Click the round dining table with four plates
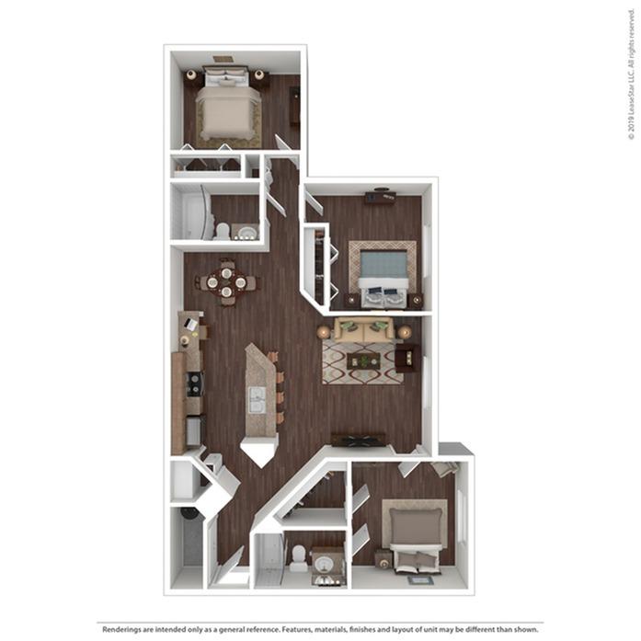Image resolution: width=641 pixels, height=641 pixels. coord(226,283)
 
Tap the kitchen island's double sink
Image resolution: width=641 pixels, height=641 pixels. coord(258,401)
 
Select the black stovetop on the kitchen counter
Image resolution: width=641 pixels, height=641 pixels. coord(195,383)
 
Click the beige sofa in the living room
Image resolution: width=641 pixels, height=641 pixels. coord(363,330)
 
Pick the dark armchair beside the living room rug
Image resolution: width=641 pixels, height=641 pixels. coord(407,357)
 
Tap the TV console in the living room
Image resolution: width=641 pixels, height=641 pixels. coord(358,440)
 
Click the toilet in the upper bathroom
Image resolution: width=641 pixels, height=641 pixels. coord(222,231)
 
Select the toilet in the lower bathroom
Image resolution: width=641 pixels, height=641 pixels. coord(298,555)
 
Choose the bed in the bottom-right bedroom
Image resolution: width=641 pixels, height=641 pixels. coord(417,532)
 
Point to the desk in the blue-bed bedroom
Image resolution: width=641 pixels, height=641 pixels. coord(379,197)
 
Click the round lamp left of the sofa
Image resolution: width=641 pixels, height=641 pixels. coord(324,331)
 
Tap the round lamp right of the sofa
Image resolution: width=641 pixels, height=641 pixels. coord(405,331)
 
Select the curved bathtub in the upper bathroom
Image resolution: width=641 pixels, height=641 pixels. coord(190,216)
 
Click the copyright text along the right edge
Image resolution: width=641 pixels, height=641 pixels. coord(632,84)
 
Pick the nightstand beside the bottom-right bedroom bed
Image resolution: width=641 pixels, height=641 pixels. coord(382,557)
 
